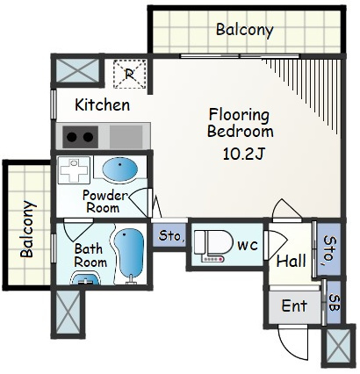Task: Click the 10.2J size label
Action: pyautogui.click(x=244, y=154)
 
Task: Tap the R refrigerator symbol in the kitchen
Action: pyautogui.click(x=130, y=74)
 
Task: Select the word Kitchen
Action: pyautogui.click(x=103, y=104)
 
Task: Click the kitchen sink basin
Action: pyautogui.click(x=126, y=136)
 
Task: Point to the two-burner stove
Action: pyautogui.click(x=80, y=137)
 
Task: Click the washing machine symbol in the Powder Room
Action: pyautogui.click(x=74, y=170)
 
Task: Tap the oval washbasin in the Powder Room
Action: pyautogui.click(x=119, y=170)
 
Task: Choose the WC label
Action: pyautogui.click(x=248, y=245)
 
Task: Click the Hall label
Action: pyautogui.click(x=292, y=261)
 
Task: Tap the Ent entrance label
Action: pyautogui.click(x=294, y=306)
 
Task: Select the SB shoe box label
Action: pyautogui.click(x=335, y=302)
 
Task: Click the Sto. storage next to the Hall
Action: pyautogui.click(x=329, y=249)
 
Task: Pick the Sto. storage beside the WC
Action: pyautogui.click(x=169, y=234)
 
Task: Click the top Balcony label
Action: pyautogui.click(x=245, y=30)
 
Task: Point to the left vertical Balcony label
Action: pyautogui.click(x=27, y=228)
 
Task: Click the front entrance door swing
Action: pyautogui.click(x=293, y=342)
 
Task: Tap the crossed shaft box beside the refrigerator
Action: pyautogui.click(x=77, y=70)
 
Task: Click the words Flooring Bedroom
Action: pyautogui.click(x=241, y=123)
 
